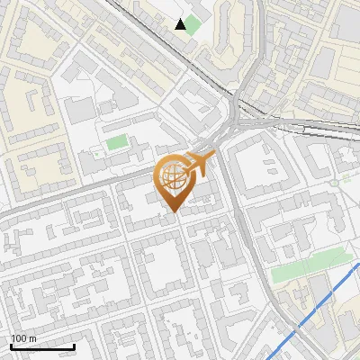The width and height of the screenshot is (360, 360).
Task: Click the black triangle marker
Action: pos(181,24)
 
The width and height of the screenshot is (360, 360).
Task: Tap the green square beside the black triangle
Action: pos(193,24)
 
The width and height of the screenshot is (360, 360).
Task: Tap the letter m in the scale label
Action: pos(34,338)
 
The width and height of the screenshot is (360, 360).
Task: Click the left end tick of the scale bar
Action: pos(10,346)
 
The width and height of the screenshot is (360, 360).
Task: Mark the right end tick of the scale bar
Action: pos(74,346)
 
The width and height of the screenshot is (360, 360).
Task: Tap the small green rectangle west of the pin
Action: pos(117,141)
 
